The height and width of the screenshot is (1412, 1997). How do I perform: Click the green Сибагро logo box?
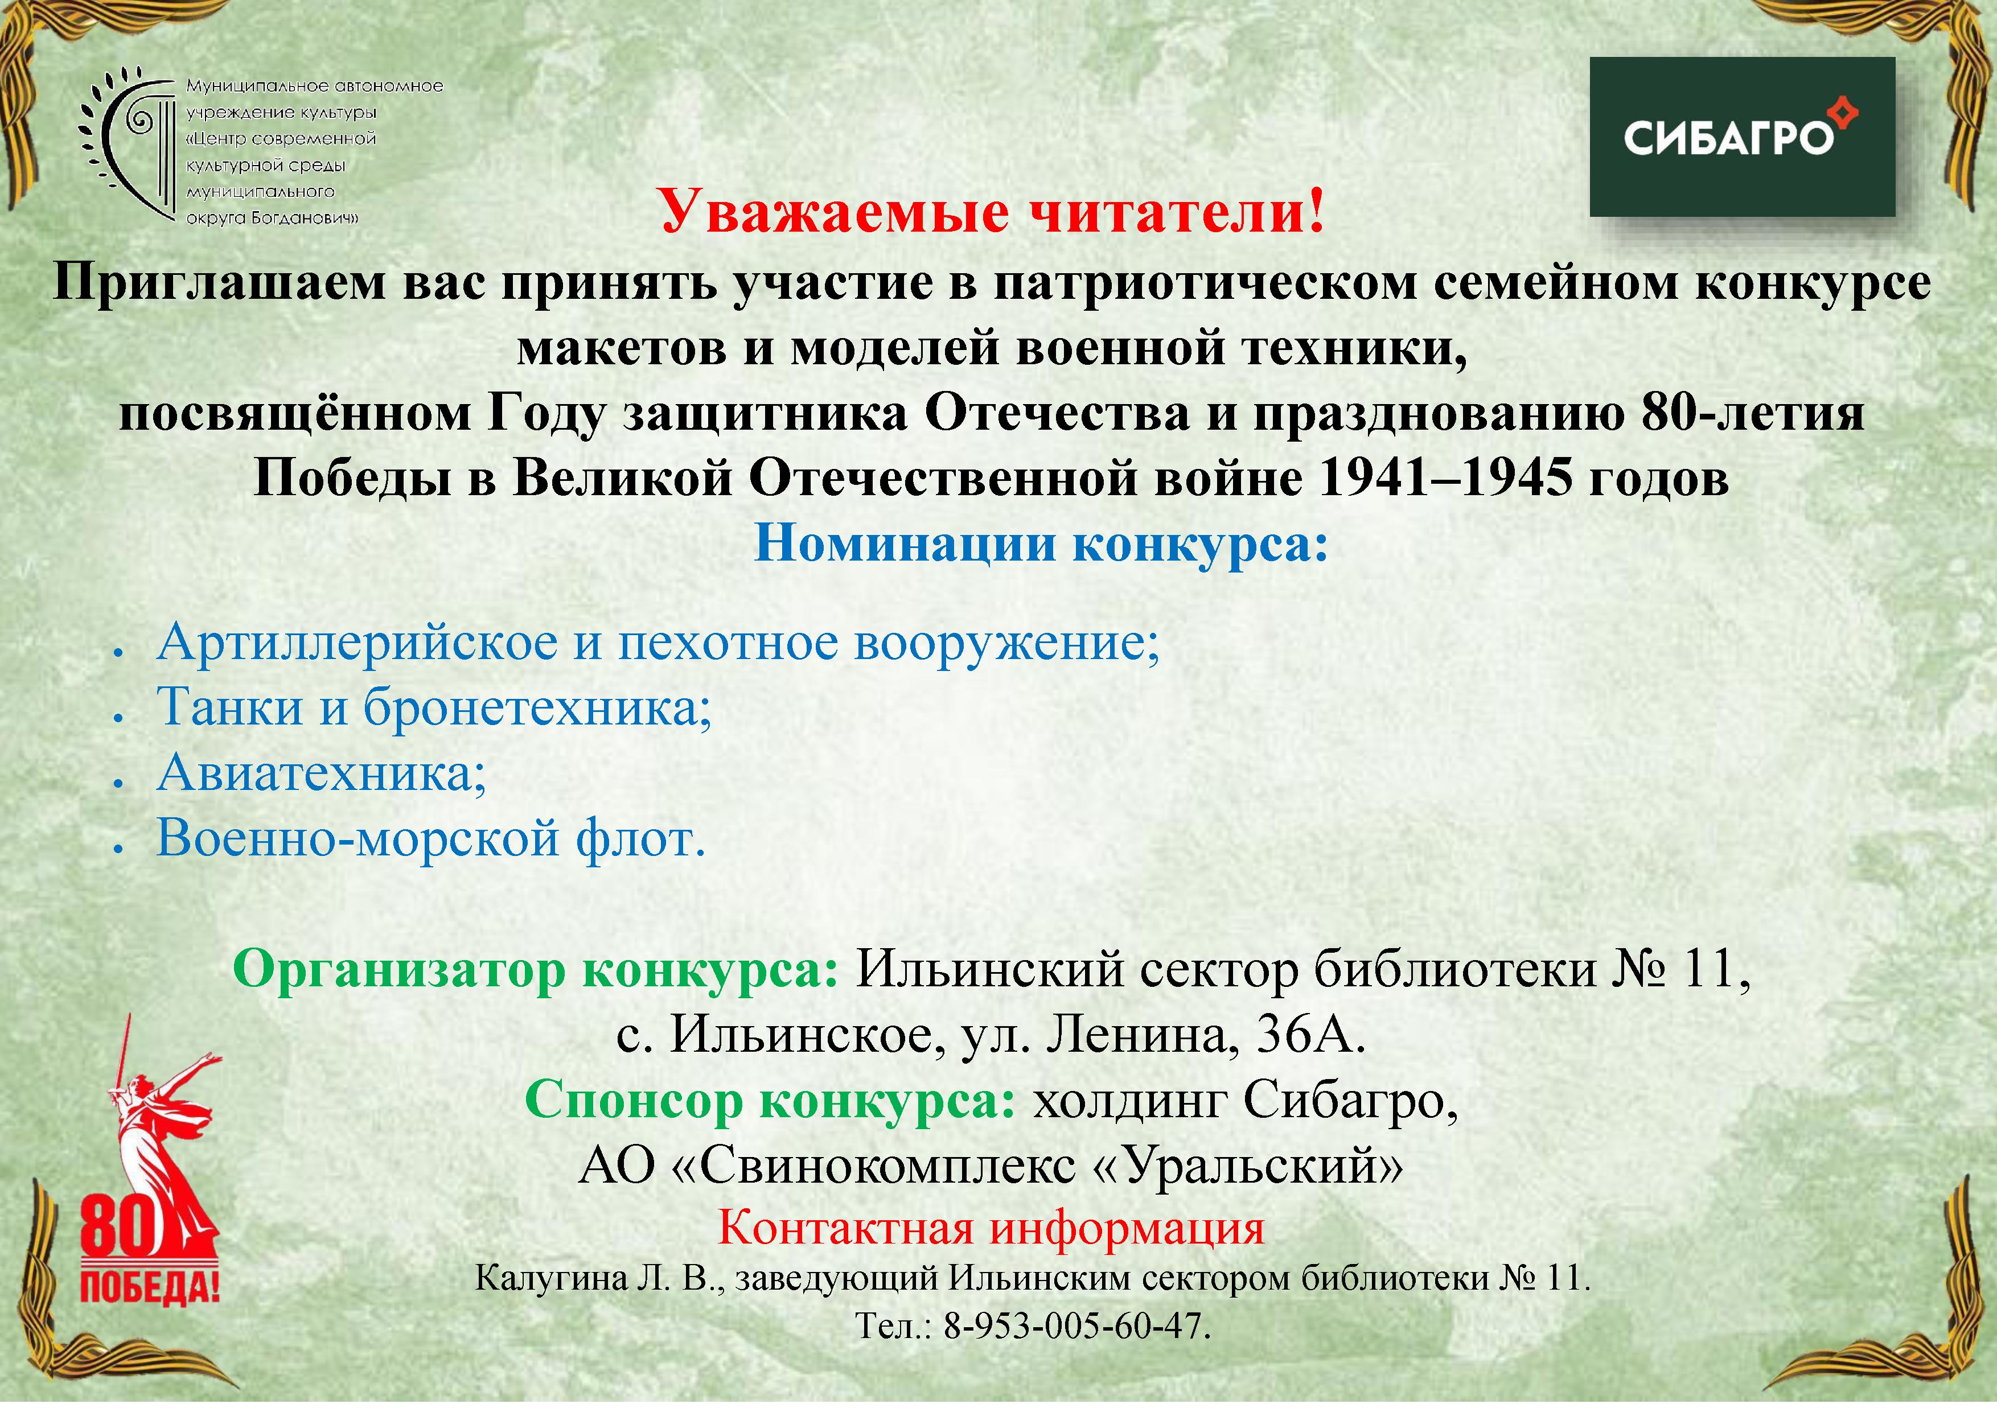(x=1742, y=137)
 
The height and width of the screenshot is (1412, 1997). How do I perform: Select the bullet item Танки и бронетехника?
(x=434, y=707)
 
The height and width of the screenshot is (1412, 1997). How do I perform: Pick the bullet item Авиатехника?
(x=321, y=772)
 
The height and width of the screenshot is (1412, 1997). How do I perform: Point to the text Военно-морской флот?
(x=430, y=838)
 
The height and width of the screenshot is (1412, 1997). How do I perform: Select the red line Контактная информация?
(x=991, y=1229)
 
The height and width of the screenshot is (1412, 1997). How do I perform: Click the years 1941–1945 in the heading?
(x=1445, y=477)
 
